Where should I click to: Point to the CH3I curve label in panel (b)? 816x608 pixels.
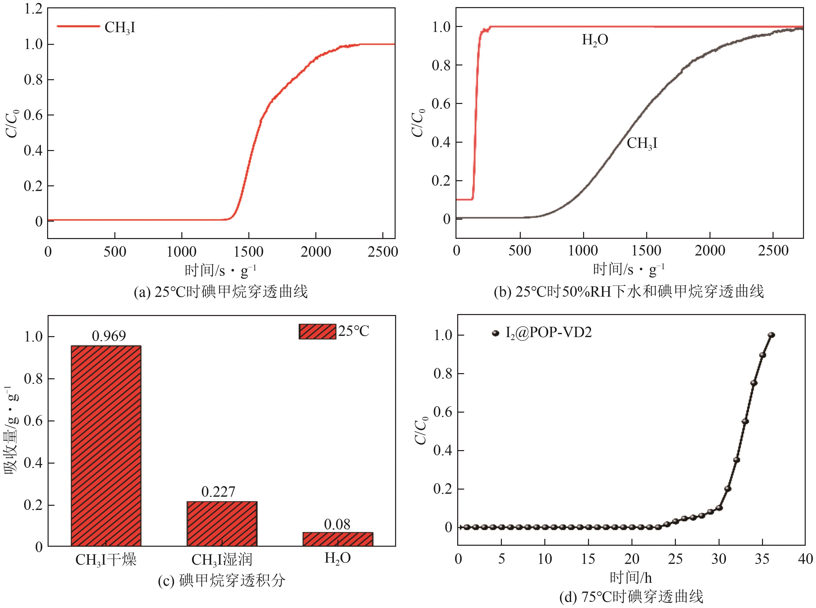tap(642, 143)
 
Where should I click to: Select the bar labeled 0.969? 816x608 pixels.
tap(106, 445)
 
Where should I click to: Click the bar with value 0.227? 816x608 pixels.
tap(222, 523)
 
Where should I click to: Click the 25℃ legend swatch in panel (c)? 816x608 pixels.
tap(317, 331)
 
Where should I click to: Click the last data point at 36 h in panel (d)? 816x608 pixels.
tap(771, 335)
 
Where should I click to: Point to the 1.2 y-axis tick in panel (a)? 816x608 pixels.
tap(33, 9)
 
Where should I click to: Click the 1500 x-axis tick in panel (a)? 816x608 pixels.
tap(249, 252)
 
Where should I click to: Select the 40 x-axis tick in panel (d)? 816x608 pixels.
tap(805, 559)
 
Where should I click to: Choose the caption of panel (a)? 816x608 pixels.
tap(221, 292)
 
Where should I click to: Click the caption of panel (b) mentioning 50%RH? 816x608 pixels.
tap(629, 291)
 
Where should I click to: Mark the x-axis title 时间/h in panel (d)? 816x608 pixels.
tap(631, 577)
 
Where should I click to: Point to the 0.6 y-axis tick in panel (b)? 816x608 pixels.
tap(441, 103)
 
